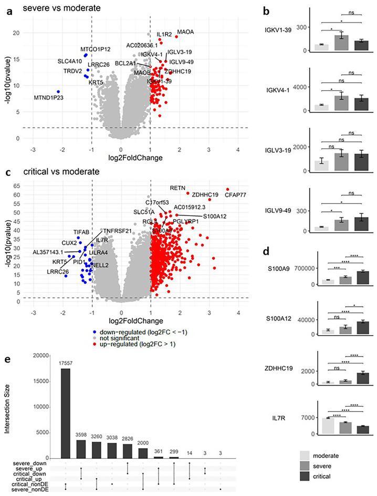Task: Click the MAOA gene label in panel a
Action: pos(185,32)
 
